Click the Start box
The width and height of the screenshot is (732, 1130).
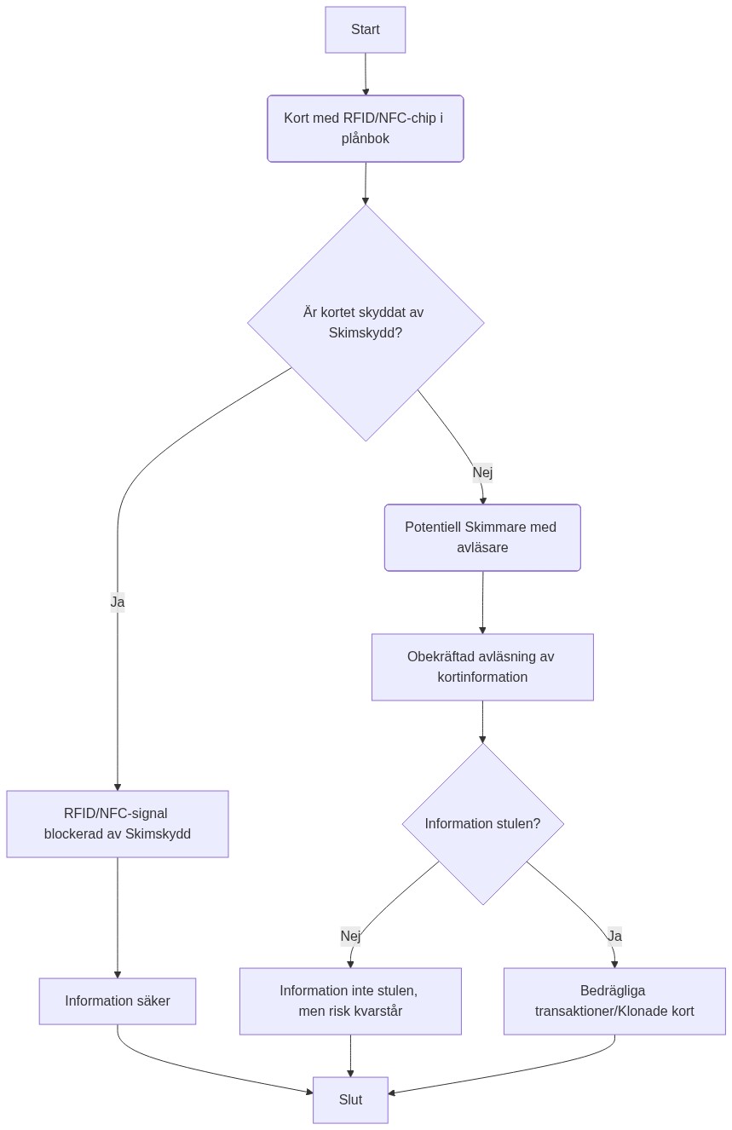(365, 30)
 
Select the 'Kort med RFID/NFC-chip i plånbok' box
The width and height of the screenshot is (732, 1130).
(365, 128)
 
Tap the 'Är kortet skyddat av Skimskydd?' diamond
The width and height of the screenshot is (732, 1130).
(365, 322)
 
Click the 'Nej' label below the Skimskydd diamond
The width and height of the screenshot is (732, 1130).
(482, 472)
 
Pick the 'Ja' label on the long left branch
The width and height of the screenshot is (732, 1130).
(118, 602)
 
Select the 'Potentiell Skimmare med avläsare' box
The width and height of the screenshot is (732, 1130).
(481, 537)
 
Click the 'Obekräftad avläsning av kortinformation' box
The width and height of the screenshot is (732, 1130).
(481, 666)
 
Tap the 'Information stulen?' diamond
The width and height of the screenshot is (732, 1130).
(482, 823)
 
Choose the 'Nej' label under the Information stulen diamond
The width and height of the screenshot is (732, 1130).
(350, 936)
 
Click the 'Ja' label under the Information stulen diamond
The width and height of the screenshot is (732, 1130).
(614, 936)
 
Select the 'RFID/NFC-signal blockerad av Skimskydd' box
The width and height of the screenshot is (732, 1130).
(118, 823)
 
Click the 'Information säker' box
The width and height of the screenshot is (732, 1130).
(118, 1000)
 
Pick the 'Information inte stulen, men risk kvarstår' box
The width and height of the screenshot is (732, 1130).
(350, 1000)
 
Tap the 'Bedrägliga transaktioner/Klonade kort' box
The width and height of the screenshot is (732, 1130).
(614, 1000)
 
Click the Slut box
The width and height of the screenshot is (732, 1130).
(350, 1099)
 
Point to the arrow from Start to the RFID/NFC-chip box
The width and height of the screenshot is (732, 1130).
(366, 74)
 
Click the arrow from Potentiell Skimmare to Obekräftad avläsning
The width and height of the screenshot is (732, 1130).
(482, 602)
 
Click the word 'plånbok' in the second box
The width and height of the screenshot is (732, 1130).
(366, 138)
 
